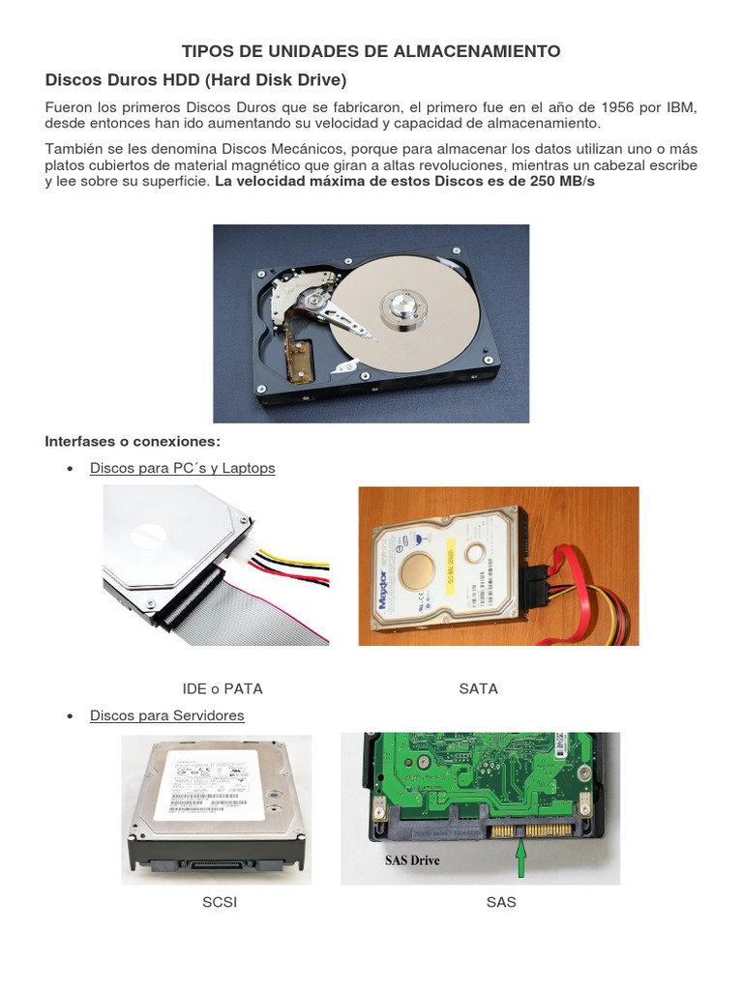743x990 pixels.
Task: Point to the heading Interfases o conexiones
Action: (133, 442)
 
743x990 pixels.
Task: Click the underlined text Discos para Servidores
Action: (166, 715)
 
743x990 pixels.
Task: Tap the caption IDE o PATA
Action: (223, 689)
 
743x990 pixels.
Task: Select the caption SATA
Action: (478, 689)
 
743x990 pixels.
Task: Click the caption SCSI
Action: (220, 902)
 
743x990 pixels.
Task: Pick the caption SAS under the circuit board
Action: (501, 902)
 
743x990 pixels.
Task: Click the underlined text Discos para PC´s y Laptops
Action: (182, 468)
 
